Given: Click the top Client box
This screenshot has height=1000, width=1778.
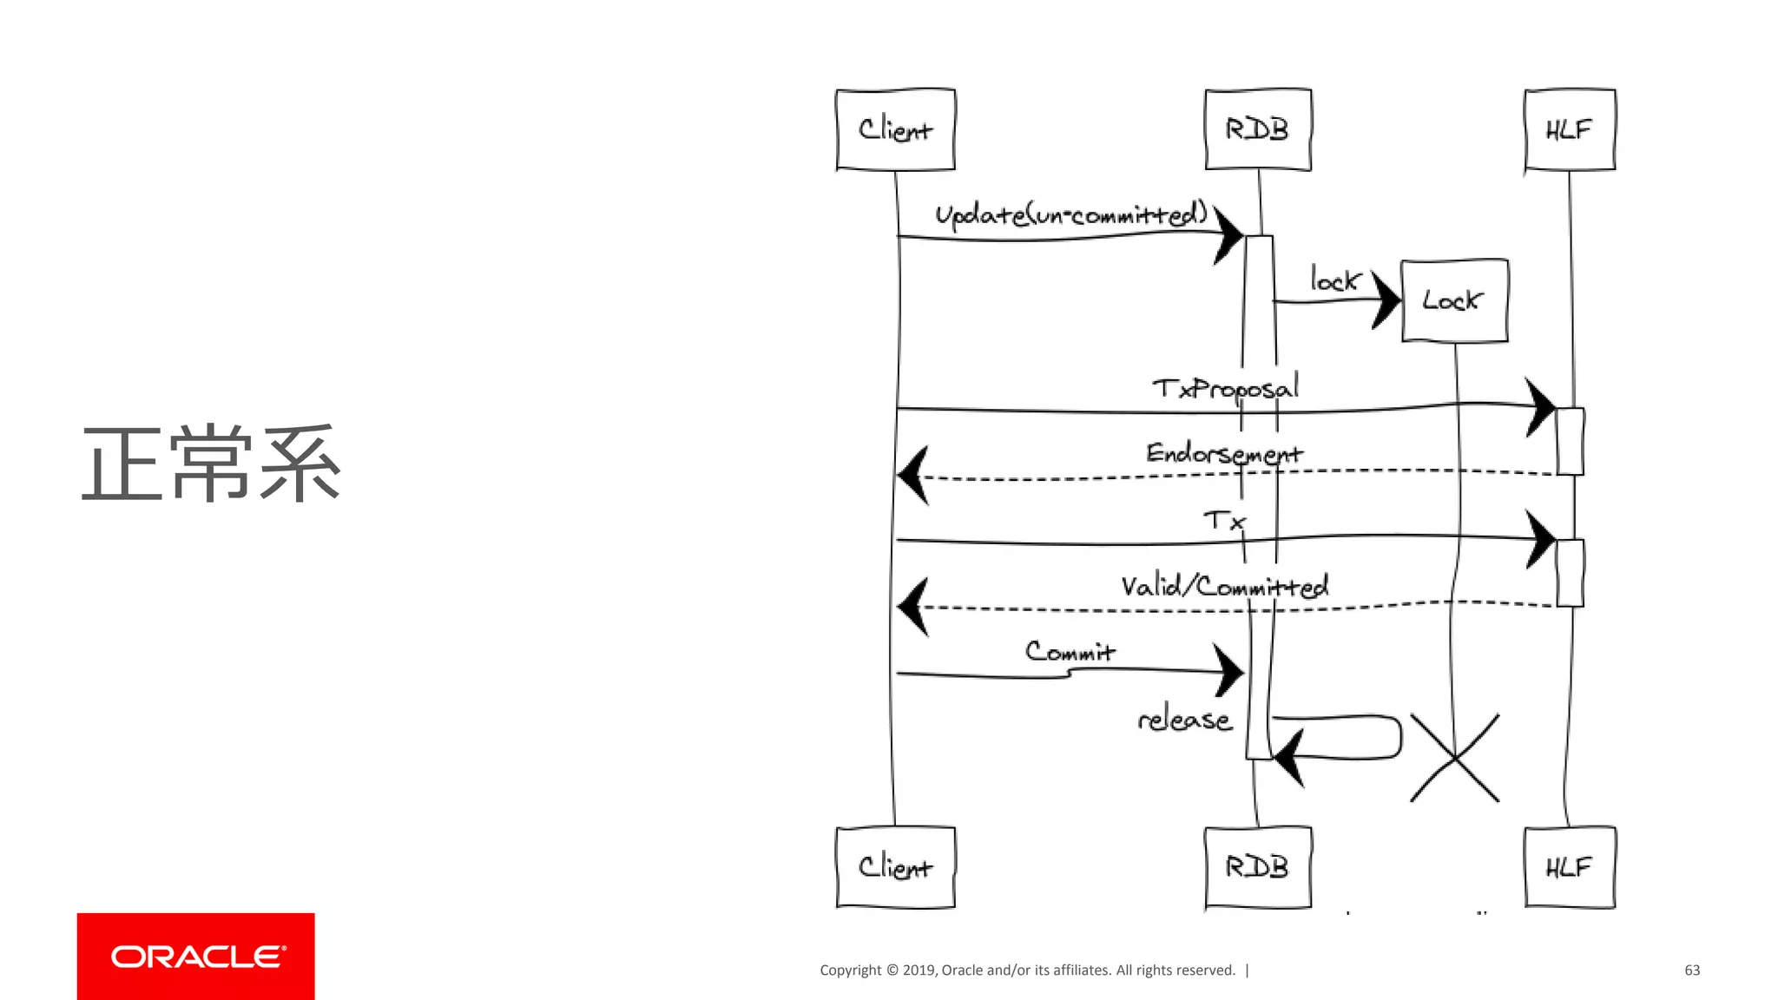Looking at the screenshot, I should (895, 129).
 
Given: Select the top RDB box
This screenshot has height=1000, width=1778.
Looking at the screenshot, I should (1257, 129).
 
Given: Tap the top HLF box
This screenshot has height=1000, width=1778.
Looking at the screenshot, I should (1570, 129).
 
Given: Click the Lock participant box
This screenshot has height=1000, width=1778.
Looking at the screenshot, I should (1454, 300).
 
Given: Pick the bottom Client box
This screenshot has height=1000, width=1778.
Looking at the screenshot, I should (895, 867).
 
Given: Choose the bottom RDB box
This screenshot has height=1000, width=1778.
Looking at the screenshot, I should (1257, 867).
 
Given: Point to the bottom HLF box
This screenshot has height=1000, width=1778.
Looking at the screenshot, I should (1570, 867).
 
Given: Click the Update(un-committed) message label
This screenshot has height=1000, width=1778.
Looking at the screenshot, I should (1071, 214).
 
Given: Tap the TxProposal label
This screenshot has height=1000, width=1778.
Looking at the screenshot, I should (1226, 388).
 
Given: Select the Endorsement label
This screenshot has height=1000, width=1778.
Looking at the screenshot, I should (1224, 453).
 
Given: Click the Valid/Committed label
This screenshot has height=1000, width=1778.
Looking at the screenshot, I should (1224, 586).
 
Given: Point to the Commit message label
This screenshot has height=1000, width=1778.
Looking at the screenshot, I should (1070, 651).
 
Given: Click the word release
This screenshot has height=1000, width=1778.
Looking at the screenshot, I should (1185, 720).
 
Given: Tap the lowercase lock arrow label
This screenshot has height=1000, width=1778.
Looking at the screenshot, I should (1334, 280).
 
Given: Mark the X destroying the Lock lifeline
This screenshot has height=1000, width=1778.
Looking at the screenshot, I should (1454, 758).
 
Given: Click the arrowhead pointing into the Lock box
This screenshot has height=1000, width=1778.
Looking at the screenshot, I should (1386, 300).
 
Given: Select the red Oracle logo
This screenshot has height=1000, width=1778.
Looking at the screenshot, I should (195, 956).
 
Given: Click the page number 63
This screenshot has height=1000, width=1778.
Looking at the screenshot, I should (1692, 970).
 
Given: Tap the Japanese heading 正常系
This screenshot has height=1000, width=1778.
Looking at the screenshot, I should (211, 464).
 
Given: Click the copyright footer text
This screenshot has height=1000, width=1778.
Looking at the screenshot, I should (1027, 970).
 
